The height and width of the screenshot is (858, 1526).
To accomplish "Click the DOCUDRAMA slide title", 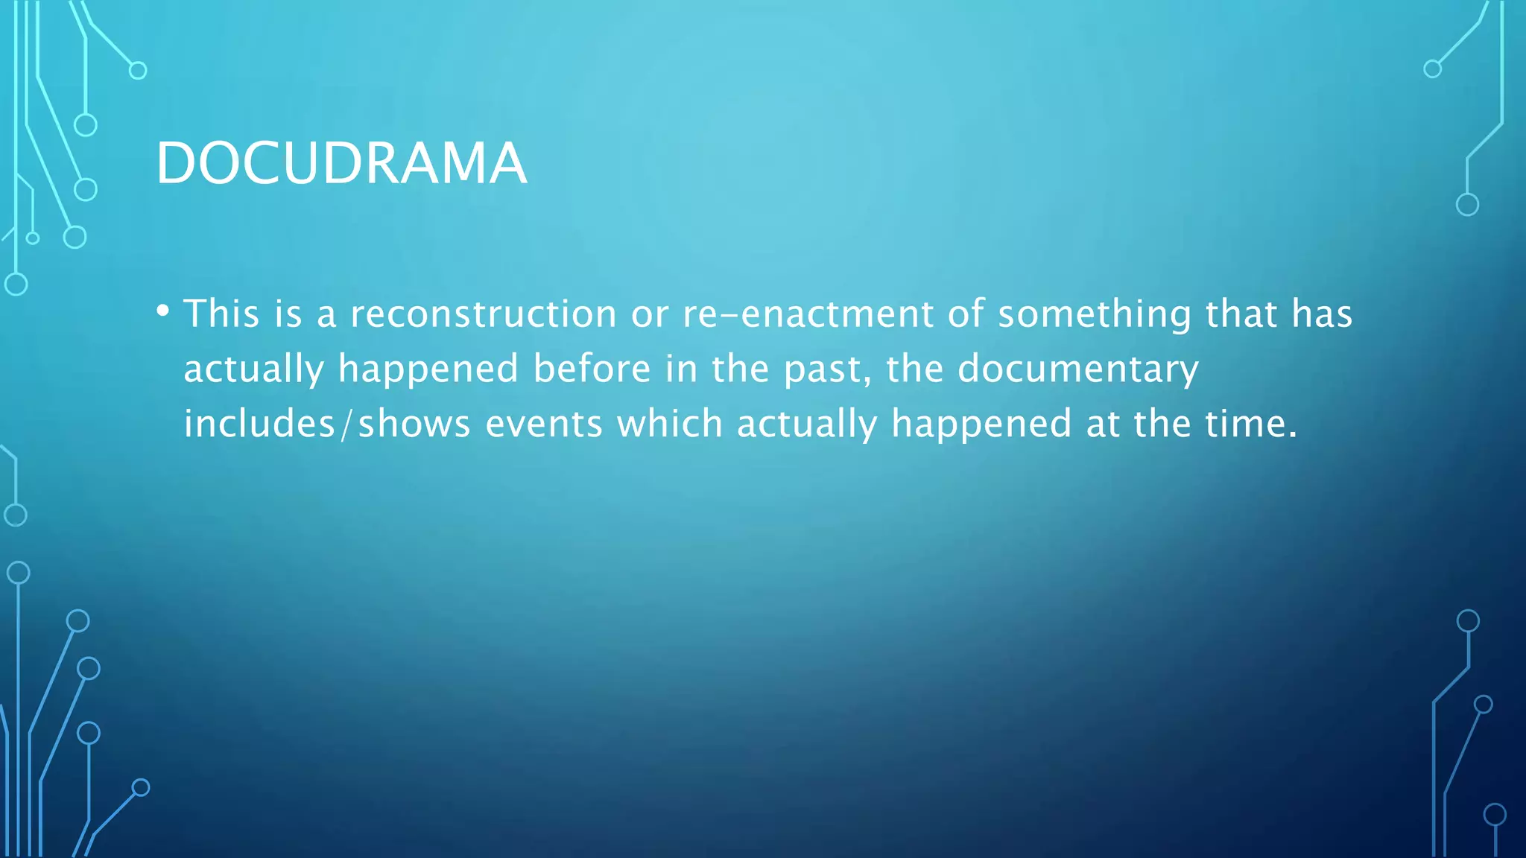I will [x=341, y=163].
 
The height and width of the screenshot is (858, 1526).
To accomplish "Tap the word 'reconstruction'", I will [x=484, y=314].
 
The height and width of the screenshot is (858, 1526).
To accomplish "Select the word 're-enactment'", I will [x=808, y=314].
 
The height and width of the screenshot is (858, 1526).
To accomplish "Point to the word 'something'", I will [x=1095, y=314].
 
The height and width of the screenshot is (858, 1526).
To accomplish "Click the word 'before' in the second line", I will [x=592, y=369].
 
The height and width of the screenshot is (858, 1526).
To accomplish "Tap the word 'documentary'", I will [x=1077, y=369].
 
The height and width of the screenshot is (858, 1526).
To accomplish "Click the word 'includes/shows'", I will [x=327, y=424].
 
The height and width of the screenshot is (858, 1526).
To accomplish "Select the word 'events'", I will [x=544, y=424].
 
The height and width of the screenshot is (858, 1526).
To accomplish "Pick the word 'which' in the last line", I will [x=670, y=424].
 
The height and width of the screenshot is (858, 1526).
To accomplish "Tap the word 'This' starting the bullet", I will [x=221, y=314].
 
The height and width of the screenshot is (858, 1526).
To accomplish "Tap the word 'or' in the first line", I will [x=650, y=314].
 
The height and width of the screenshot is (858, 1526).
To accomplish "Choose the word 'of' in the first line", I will [x=966, y=314].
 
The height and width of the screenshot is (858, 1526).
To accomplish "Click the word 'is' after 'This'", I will [x=288, y=314].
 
